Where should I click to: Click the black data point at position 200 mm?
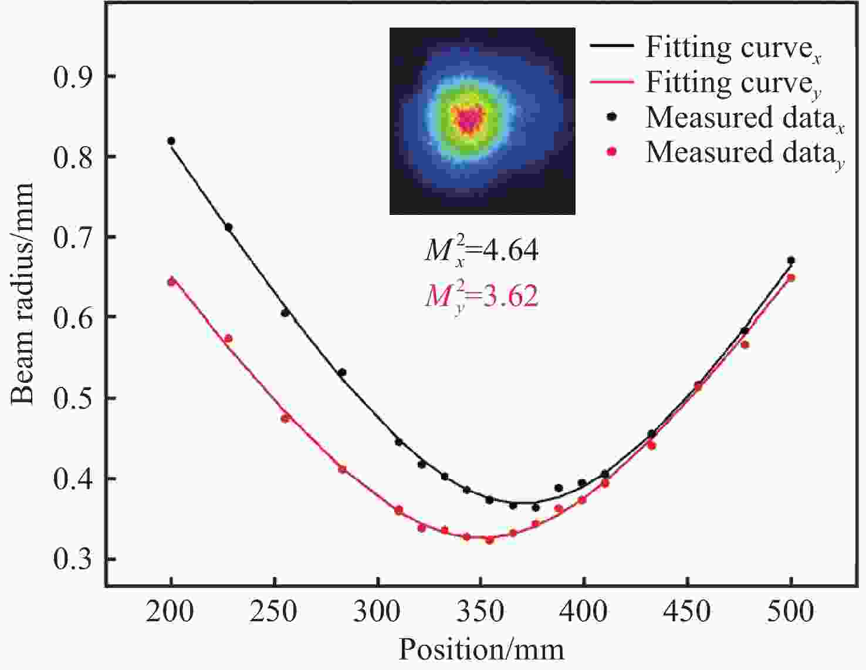pyautogui.click(x=171, y=141)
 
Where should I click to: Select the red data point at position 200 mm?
pyautogui.click(x=171, y=282)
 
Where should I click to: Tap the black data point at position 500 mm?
pyautogui.click(x=791, y=260)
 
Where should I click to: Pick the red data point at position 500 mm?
pyautogui.click(x=791, y=278)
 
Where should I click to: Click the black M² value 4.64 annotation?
pyautogui.click(x=482, y=251)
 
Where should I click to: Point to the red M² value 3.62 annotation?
pyautogui.click(x=482, y=295)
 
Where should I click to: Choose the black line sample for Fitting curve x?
pyautogui.click(x=612, y=46)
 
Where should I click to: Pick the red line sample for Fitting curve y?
pyautogui.click(x=612, y=82)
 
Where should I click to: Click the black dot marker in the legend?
pyautogui.click(x=612, y=117)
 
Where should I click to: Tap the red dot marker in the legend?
pyautogui.click(x=612, y=151)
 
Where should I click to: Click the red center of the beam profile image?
pyautogui.click(x=468, y=120)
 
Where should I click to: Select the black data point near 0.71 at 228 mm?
pyautogui.click(x=228, y=227)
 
